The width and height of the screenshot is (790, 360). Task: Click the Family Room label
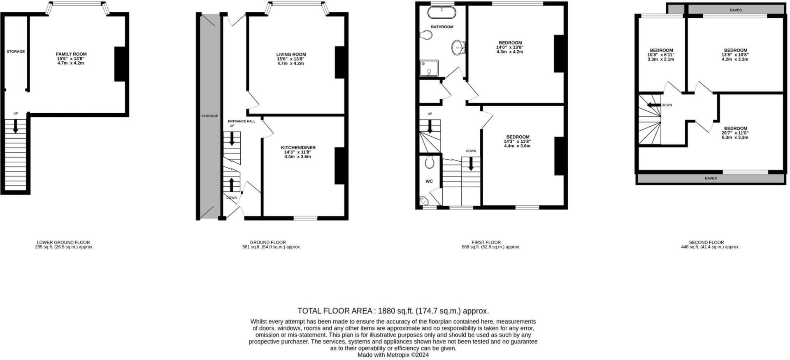click(71, 54)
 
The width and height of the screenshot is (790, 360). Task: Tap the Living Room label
click(291, 54)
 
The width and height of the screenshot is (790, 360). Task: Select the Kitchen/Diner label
click(298, 148)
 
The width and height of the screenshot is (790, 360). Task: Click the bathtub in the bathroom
click(441, 13)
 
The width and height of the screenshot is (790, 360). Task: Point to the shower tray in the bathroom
click(429, 69)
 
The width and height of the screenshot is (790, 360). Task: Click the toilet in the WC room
click(430, 163)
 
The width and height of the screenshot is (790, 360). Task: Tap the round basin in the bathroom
click(458, 47)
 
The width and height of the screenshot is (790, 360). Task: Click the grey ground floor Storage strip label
click(209, 116)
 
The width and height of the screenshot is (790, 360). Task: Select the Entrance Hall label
click(242, 121)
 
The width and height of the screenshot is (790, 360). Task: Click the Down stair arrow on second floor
click(653, 105)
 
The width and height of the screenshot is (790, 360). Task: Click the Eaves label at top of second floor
click(735, 10)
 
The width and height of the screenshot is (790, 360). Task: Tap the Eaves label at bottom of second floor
click(711, 179)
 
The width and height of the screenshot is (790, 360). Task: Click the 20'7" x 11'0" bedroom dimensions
click(735, 133)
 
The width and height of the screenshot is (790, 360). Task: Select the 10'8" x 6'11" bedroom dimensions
click(661, 55)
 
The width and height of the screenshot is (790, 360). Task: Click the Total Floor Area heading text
click(393, 311)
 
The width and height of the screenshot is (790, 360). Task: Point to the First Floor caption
click(486, 242)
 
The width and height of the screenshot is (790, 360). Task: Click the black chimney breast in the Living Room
click(340, 63)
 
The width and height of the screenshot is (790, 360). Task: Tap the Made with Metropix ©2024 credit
click(393, 355)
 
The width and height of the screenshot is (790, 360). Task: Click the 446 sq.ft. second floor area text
click(710, 247)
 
